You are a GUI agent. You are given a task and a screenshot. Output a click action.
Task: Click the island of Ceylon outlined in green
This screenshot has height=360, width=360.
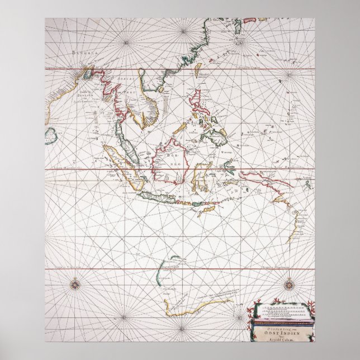tap(51, 134)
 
